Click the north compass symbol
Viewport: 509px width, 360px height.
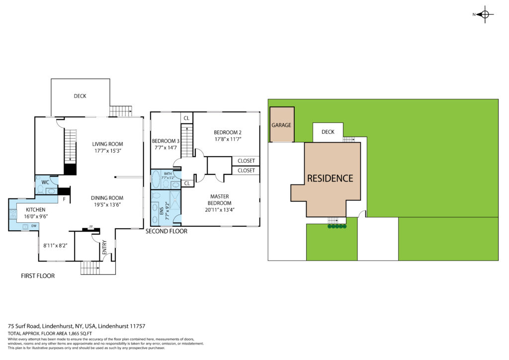(485, 14)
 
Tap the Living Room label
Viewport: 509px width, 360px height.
(107, 144)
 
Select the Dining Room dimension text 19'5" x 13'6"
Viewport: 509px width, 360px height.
(107, 204)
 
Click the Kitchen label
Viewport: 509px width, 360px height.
(35, 210)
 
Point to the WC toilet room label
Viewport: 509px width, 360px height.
(45, 182)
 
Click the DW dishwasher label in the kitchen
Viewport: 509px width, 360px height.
(34, 226)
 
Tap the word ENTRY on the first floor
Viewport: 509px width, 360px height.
(104, 247)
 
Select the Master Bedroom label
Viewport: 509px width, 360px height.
(219, 199)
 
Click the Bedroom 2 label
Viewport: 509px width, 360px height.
(228, 132)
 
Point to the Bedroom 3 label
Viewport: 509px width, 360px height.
(166, 141)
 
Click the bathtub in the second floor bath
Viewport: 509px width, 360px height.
(156, 180)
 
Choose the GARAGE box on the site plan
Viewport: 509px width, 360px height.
(282, 125)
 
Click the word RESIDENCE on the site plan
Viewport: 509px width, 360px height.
(330, 178)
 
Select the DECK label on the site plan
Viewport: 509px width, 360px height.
(328, 132)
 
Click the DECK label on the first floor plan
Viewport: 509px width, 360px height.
(80, 96)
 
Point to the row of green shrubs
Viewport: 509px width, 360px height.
(338, 226)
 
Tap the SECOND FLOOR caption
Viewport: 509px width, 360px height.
(166, 231)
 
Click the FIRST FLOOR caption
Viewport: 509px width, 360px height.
(38, 276)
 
